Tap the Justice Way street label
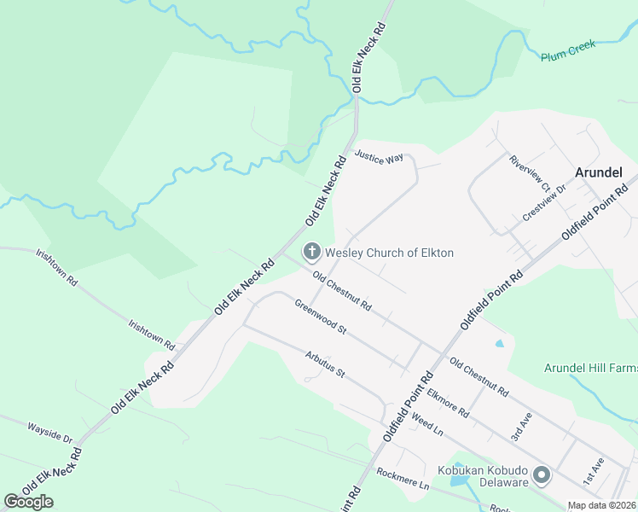(379, 158)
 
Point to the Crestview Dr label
(544, 203)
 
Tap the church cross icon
(312, 252)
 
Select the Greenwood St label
(321, 317)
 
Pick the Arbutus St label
(324, 364)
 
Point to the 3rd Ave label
(520, 425)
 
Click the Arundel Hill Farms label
(590, 368)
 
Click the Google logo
(29, 501)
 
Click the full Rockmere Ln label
(403, 479)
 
